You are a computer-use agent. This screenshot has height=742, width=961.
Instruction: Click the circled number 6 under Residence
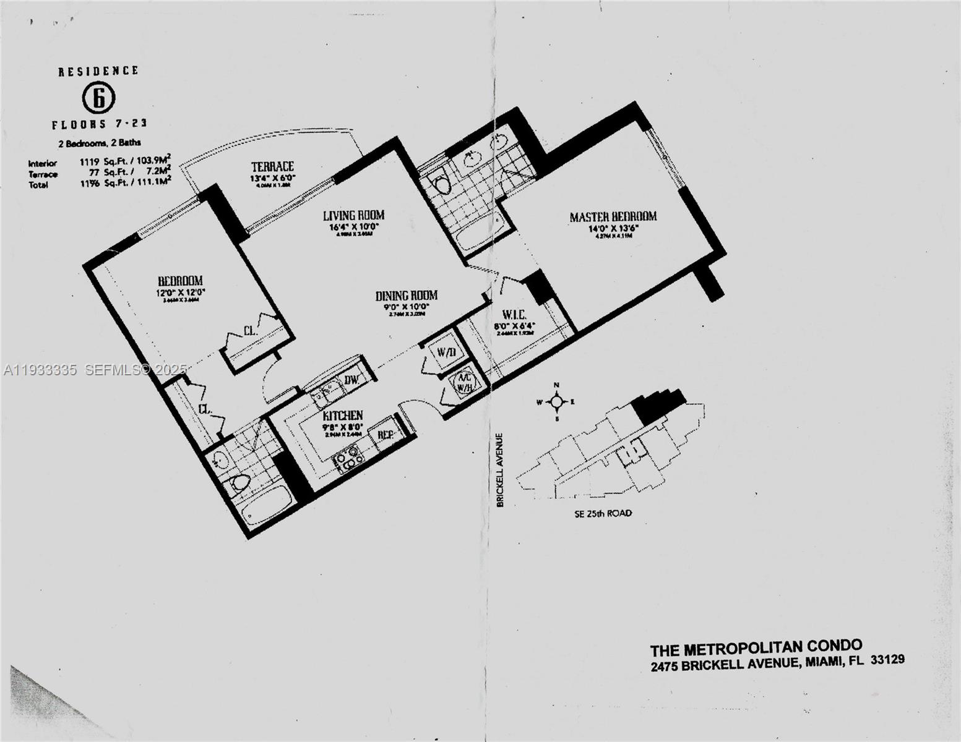tap(98, 97)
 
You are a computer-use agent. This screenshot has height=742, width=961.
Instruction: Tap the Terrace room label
tap(272, 166)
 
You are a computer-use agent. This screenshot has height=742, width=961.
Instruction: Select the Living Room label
tap(353, 215)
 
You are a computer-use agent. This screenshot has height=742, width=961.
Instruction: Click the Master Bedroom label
tap(613, 216)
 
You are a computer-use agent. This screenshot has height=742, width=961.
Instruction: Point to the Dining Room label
tap(407, 296)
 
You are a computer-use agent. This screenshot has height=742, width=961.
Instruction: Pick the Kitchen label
tap(343, 416)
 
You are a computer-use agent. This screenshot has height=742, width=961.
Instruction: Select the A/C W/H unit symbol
tap(464, 382)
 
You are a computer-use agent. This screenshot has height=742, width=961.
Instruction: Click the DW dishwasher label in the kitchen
tap(352, 380)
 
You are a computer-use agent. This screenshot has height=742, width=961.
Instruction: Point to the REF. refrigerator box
tap(386, 435)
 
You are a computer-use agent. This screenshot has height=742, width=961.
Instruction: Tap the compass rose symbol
tap(556, 402)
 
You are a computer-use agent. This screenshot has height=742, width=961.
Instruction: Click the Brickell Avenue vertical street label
tap(500, 470)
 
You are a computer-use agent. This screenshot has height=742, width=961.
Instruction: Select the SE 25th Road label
tap(603, 513)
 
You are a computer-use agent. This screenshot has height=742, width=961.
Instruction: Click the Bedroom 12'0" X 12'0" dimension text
tap(180, 292)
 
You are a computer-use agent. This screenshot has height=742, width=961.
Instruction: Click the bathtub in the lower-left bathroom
tap(267, 505)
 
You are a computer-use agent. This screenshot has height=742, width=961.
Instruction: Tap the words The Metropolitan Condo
tap(756, 647)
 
